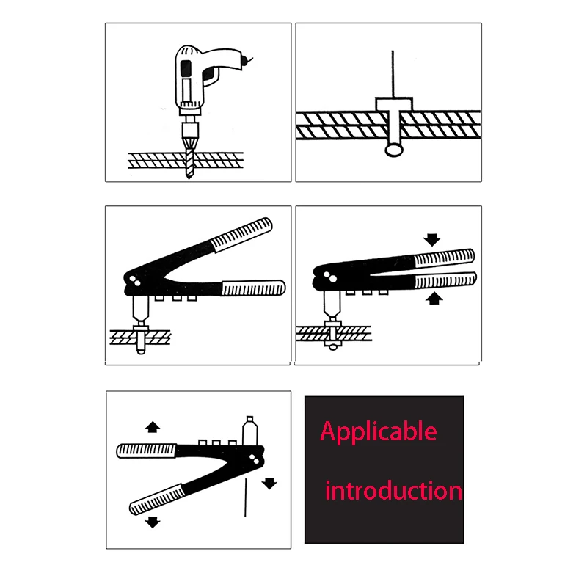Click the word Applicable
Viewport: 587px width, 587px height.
pyautogui.click(x=378, y=432)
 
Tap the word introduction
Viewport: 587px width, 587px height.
pyautogui.click(x=393, y=490)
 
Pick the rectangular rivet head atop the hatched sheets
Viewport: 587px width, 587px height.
pyautogui.click(x=394, y=104)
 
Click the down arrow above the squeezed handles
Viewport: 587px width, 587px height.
pyautogui.click(x=431, y=239)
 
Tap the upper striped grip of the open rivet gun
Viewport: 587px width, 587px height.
pyautogui.click(x=242, y=234)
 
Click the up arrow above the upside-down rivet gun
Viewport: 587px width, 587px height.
pyautogui.click(x=153, y=426)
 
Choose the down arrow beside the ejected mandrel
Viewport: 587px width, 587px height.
pyautogui.click(x=270, y=483)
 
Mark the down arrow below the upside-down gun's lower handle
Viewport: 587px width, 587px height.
pyautogui.click(x=153, y=522)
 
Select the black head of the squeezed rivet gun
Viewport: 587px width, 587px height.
pyautogui.click(x=327, y=277)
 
